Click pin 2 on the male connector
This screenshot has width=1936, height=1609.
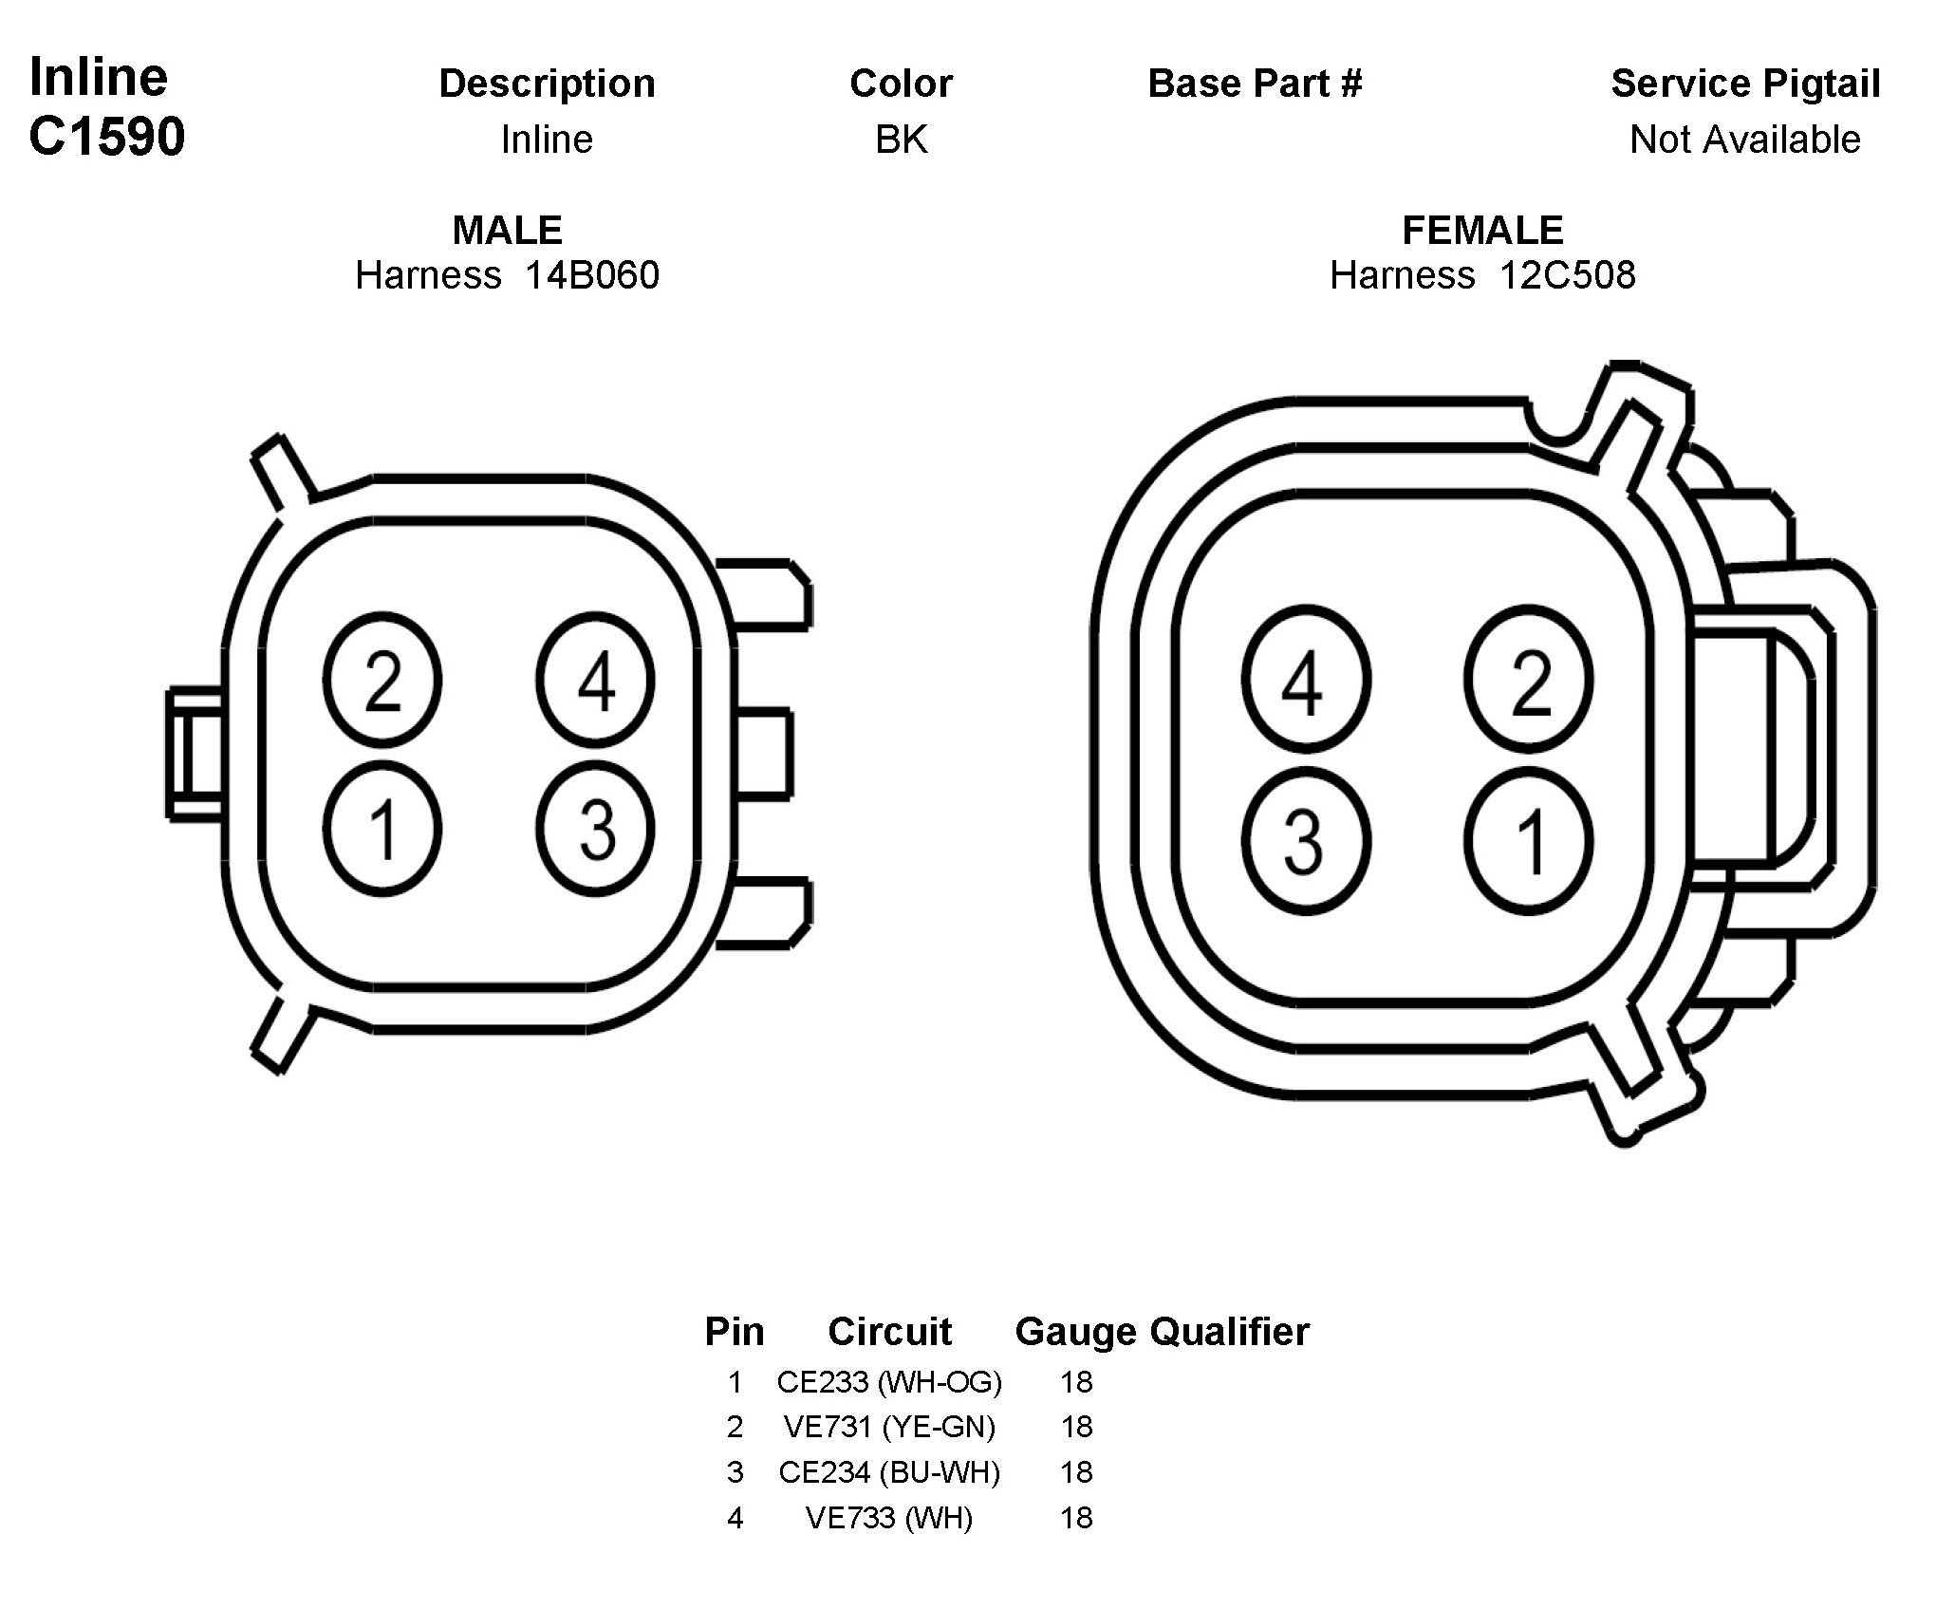tap(382, 681)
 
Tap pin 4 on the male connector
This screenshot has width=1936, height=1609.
tap(595, 681)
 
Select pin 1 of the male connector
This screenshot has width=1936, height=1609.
tap(382, 829)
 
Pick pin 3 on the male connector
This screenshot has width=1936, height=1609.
tap(595, 829)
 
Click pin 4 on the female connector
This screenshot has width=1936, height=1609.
tap(1306, 681)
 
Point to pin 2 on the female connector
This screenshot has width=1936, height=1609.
tap(1528, 681)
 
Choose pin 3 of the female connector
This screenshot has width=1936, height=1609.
tap(1306, 841)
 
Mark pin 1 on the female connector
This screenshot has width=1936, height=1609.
tap(1528, 841)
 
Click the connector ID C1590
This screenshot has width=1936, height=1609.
tap(107, 137)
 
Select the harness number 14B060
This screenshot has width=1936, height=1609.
tap(591, 275)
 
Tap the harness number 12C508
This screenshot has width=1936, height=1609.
tap(1567, 275)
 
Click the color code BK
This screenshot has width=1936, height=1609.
tap(901, 140)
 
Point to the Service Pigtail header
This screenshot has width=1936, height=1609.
tap(1745, 84)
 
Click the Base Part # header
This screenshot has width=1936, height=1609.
tap(1255, 84)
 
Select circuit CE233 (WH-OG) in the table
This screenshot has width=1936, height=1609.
tap(889, 1382)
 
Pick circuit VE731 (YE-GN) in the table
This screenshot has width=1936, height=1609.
tap(889, 1427)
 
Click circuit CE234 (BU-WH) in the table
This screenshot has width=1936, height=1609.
tap(889, 1472)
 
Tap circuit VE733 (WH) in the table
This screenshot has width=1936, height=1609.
tap(889, 1518)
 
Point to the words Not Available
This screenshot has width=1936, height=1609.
tap(1744, 140)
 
